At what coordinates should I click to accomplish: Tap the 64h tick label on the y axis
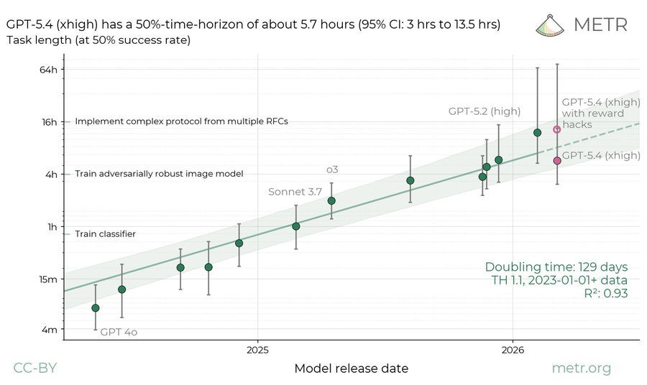(x=48, y=70)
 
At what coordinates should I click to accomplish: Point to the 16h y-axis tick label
(x=48, y=121)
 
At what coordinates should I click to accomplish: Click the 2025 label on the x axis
(x=257, y=350)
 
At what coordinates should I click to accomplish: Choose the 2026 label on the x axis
(x=512, y=350)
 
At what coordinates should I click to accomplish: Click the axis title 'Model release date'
(x=351, y=368)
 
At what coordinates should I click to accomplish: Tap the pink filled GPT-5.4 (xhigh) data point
(x=557, y=160)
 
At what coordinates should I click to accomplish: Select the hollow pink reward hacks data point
(x=556, y=129)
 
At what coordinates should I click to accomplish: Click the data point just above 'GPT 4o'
(x=96, y=307)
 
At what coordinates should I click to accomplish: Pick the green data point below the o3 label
(x=331, y=200)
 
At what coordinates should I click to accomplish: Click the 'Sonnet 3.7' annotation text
(x=295, y=192)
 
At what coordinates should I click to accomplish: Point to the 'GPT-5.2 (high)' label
(x=484, y=111)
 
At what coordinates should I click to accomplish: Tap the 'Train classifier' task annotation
(x=105, y=233)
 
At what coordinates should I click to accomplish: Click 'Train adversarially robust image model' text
(x=159, y=174)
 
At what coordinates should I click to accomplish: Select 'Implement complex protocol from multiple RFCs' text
(x=181, y=121)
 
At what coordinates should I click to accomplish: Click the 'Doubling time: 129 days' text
(x=556, y=266)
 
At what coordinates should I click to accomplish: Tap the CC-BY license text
(x=35, y=368)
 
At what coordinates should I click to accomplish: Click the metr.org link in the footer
(x=581, y=368)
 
